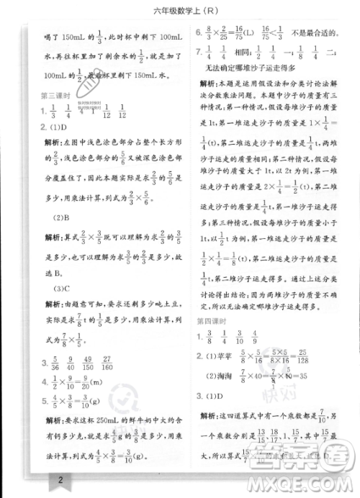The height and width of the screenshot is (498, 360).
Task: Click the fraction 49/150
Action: (96, 384)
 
